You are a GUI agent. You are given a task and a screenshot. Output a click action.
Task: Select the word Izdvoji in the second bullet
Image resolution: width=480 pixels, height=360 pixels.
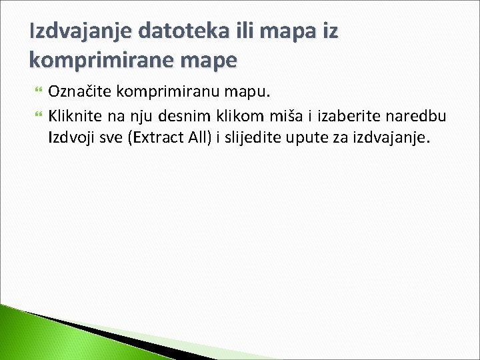tap(68, 138)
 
